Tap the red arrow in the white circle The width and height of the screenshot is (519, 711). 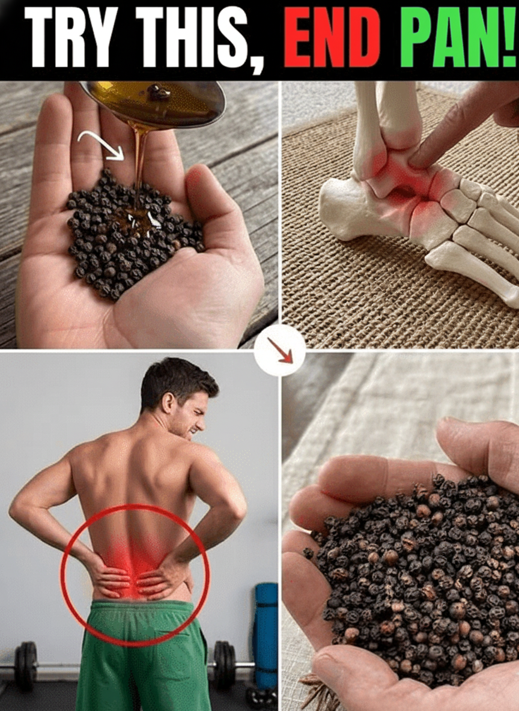click(x=280, y=349)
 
